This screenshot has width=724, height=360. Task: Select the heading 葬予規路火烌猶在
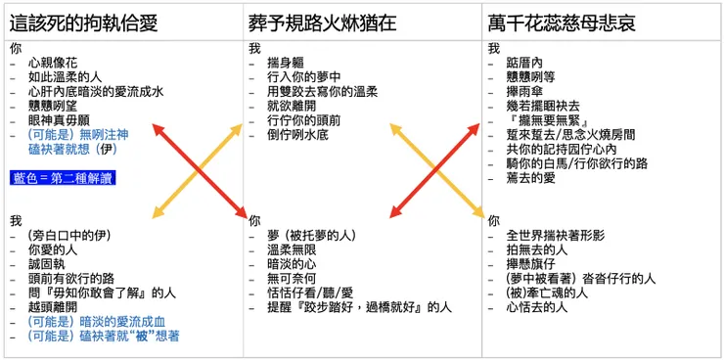tap(323, 22)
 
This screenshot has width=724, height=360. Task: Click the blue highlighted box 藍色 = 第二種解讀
tap(63, 177)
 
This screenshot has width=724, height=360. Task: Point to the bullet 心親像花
tap(55, 63)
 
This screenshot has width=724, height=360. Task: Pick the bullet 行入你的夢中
tap(304, 77)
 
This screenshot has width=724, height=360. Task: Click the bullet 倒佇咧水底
tap(297, 135)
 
